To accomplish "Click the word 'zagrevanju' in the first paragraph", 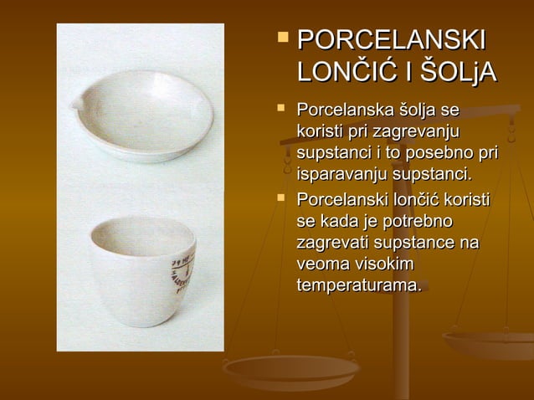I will coord(421,132).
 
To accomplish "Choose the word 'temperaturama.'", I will coord(358,285).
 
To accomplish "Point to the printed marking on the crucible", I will coord(183,272).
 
